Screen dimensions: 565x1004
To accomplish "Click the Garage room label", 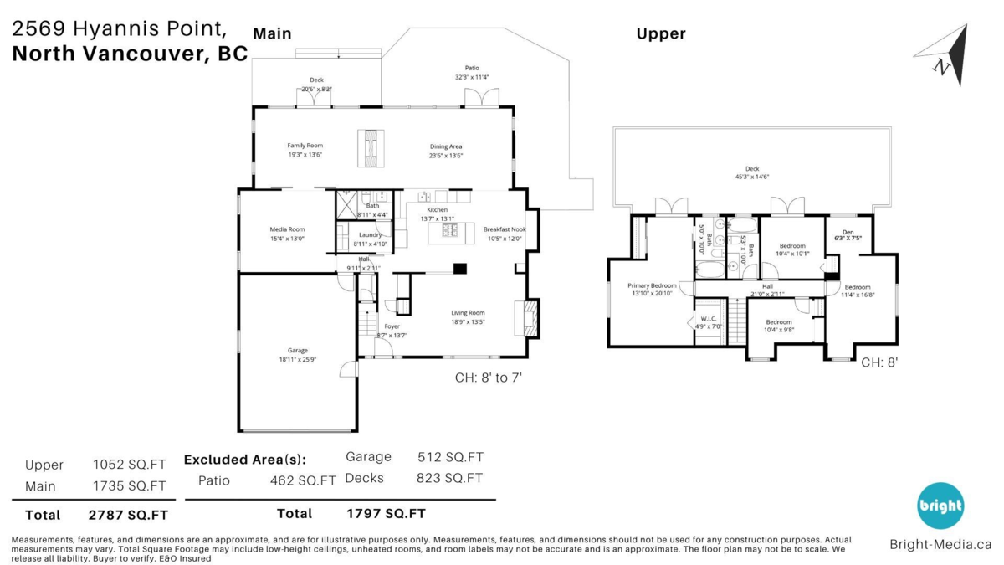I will pyautogui.click(x=298, y=351).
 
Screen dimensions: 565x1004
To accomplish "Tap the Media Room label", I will pyautogui.click(x=287, y=229).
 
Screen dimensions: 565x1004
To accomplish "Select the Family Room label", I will pyautogui.click(x=305, y=146).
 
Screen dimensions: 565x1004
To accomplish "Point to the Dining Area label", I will pyautogui.click(x=445, y=146).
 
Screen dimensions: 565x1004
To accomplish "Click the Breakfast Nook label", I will pyautogui.click(x=504, y=229).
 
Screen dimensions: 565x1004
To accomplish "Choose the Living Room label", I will pyautogui.click(x=468, y=313).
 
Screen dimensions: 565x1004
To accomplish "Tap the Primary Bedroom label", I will pyautogui.click(x=652, y=286).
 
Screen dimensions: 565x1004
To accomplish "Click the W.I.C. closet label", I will pyautogui.click(x=707, y=318).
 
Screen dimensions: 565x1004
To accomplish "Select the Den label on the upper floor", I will pyautogui.click(x=848, y=233).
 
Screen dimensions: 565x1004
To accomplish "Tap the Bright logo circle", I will pyautogui.click(x=940, y=506).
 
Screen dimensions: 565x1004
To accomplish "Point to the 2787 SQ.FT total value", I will pyautogui.click(x=128, y=515).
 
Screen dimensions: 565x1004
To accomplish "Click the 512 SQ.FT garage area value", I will pyautogui.click(x=450, y=457).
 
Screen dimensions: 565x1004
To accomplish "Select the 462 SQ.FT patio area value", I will pyautogui.click(x=303, y=480).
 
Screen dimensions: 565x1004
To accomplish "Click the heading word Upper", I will pyautogui.click(x=660, y=33).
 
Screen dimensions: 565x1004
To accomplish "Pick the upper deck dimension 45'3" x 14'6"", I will pyautogui.click(x=752, y=177).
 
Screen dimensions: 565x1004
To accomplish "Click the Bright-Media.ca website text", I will pyautogui.click(x=940, y=544).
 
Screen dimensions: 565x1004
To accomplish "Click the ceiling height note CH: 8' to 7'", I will pyautogui.click(x=489, y=378).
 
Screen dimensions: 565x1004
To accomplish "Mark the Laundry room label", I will pyautogui.click(x=370, y=235).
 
